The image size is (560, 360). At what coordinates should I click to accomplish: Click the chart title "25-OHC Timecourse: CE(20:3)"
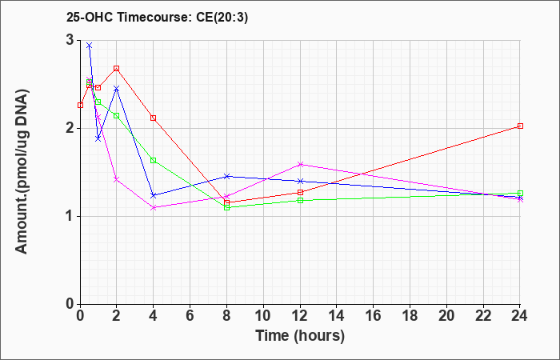(x=157, y=18)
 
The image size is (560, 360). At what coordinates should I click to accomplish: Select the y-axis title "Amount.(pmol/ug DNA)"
(x=22, y=172)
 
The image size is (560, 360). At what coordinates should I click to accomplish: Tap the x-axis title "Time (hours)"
(x=300, y=336)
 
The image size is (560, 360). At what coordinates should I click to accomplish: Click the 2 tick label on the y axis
(x=70, y=128)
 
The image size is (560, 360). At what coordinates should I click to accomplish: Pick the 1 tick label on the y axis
(x=70, y=216)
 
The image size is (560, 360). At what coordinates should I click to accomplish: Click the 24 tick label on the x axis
(x=520, y=316)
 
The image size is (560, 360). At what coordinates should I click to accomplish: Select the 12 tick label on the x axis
(x=300, y=316)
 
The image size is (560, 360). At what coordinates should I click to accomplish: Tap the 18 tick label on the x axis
(x=410, y=316)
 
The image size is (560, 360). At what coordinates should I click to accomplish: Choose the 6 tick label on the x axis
(x=190, y=316)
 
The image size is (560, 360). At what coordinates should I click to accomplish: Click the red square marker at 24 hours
(x=520, y=126)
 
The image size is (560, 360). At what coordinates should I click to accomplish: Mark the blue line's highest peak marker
(x=90, y=46)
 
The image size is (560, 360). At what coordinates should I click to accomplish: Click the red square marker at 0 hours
(x=80, y=106)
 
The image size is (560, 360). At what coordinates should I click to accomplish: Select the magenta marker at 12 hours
(x=300, y=164)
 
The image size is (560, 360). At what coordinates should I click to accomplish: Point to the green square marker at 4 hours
(x=154, y=160)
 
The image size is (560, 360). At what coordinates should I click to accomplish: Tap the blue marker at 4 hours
(x=154, y=195)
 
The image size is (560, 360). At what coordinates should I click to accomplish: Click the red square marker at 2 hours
(x=117, y=68)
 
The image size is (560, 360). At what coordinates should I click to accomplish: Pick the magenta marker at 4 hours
(x=154, y=207)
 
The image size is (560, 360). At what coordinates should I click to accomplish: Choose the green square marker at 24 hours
(x=520, y=194)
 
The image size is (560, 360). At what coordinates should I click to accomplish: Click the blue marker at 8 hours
(x=226, y=177)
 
